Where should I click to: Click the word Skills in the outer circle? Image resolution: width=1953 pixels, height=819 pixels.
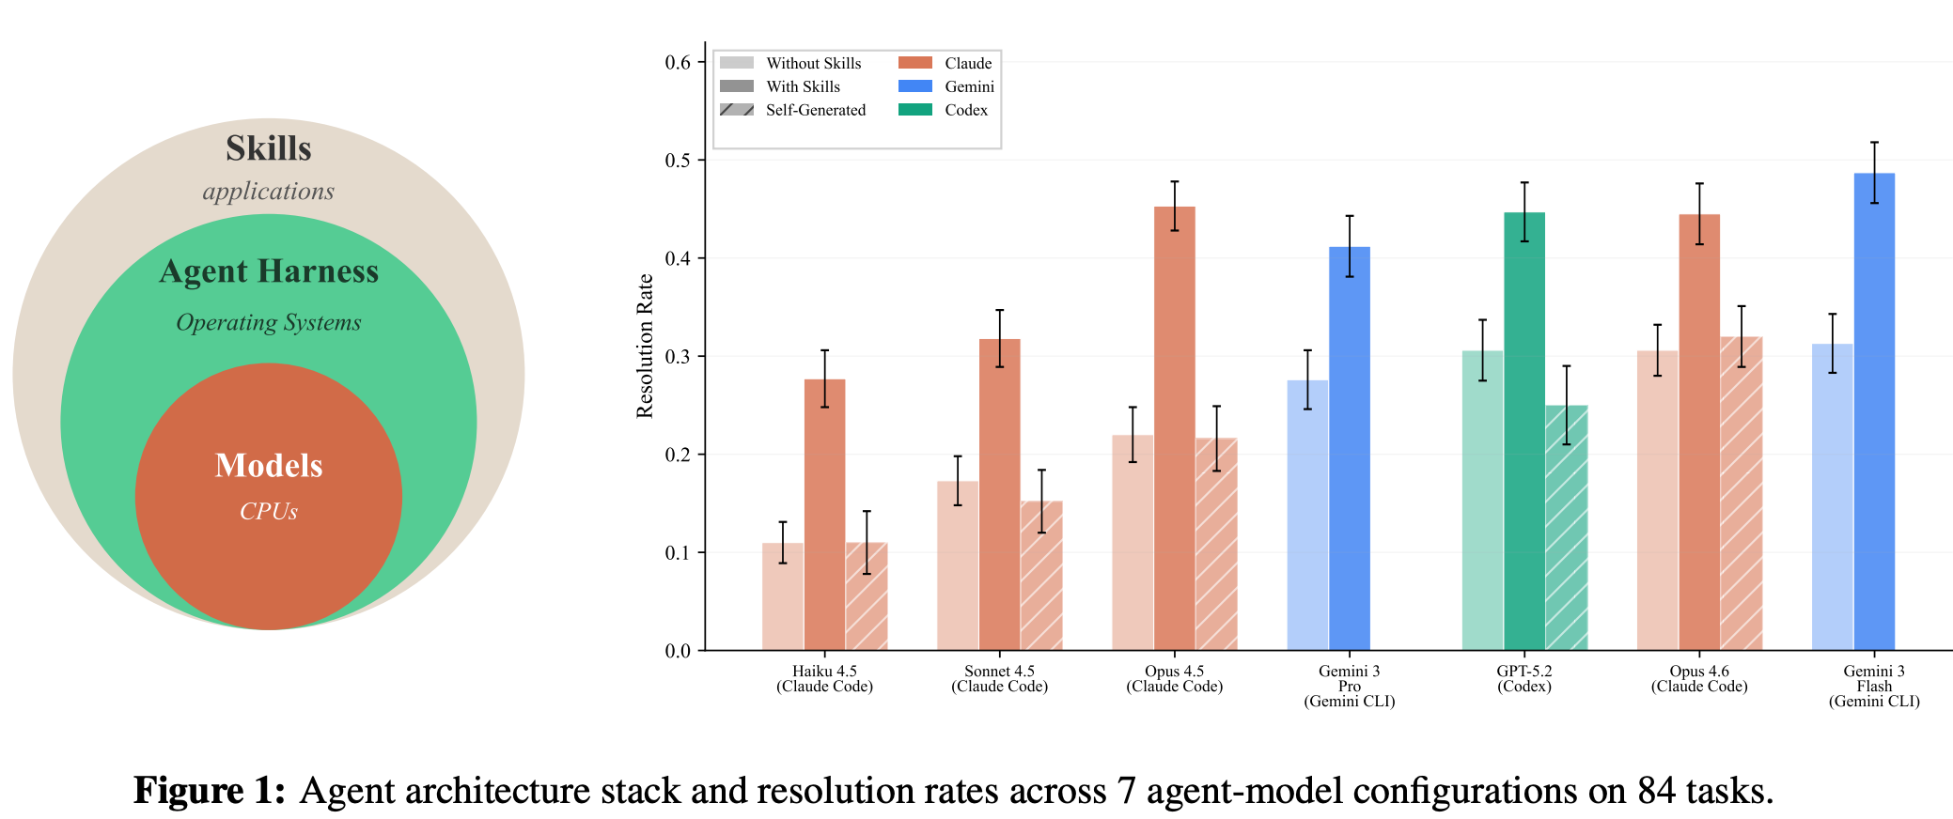tap(269, 148)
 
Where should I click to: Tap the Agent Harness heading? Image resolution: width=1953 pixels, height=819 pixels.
tap(269, 271)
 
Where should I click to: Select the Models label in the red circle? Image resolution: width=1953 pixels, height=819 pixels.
tap(269, 466)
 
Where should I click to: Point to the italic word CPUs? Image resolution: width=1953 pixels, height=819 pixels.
tap(269, 511)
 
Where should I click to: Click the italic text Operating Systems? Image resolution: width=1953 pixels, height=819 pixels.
tap(269, 322)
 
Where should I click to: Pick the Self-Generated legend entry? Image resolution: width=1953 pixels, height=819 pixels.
tap(793, 110)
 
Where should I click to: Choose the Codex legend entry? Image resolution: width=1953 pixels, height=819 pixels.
tap(944, 110)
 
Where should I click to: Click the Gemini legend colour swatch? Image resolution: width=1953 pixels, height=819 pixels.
tap(915, 86)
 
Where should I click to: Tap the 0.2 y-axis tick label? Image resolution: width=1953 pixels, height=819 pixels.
tap(678, 455)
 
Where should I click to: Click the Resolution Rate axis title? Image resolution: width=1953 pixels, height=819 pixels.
tap(645, 346)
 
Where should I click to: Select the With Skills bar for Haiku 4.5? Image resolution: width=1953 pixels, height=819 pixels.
tap(825, 515)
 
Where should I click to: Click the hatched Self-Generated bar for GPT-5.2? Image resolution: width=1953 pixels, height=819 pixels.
tap(1567, 528)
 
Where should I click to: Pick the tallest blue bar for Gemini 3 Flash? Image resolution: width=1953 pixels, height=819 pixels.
tap(1874, 411)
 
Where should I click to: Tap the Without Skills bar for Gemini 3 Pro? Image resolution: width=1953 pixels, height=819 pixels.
tap(1307, 515)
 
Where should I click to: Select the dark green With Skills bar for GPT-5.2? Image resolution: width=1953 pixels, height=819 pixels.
tap(1524, 431)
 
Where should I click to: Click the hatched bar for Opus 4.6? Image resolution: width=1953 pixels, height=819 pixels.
tap(1742, 493)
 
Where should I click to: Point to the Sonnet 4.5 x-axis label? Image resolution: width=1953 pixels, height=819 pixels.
tap(1000, 679)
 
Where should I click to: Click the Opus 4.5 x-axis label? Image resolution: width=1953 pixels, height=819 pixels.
tap(1175, 679)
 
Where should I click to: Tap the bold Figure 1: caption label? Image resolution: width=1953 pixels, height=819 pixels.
tap(210, 791)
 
